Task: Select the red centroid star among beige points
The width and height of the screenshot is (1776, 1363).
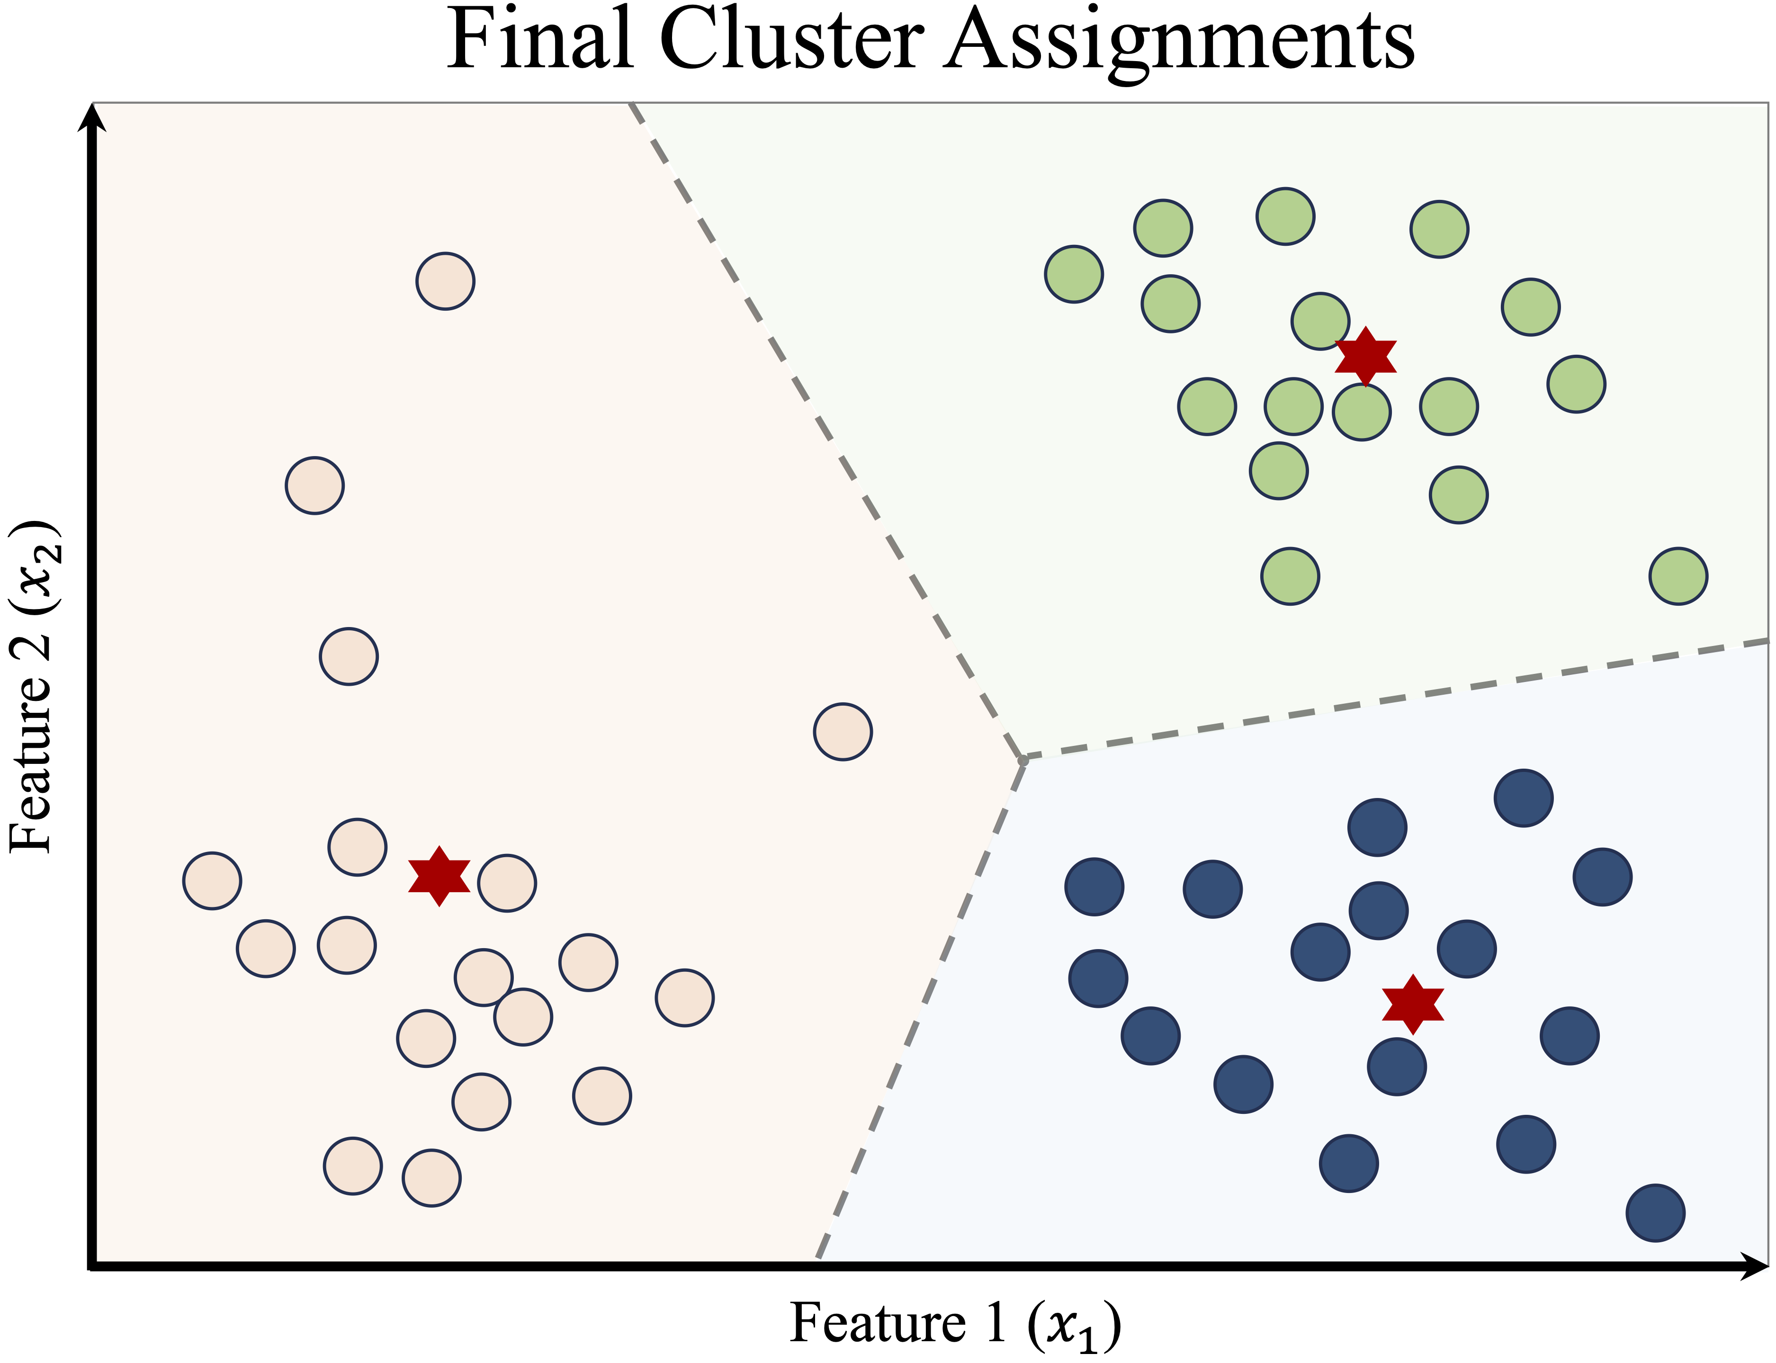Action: tap(439, 876)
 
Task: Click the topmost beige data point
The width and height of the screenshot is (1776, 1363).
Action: tap(445, 281)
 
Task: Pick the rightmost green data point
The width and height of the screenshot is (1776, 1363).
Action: tap(1678, 576)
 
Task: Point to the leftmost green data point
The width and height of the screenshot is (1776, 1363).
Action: tap(1073, 274)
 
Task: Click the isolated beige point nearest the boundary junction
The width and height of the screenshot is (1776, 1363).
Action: tap(843, 731)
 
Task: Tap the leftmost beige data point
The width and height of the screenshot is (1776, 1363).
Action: tap(212, 880)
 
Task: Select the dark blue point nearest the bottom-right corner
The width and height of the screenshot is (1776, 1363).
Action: tap(1656, 1213)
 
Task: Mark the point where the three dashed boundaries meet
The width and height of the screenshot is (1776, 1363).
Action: tap(1023, 759)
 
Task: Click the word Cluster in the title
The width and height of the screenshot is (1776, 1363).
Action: tap(791, 41)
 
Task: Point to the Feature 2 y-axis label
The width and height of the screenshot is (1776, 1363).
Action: tap(33, 686)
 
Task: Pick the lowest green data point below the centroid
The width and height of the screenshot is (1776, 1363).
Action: tap(1290, 576)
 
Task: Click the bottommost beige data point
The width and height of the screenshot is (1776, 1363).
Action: tap(431, 1178)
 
